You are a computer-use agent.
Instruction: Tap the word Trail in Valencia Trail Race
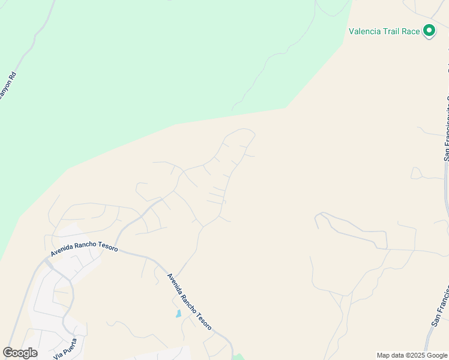(393, 31)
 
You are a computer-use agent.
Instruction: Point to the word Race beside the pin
(411, 31)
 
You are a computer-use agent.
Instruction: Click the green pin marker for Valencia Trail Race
(429, 30)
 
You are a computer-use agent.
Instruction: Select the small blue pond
(178, 314)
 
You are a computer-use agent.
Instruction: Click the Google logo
(20, 353)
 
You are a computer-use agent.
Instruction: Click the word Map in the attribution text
(384, 355)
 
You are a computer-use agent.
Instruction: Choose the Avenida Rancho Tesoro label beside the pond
(189, 302)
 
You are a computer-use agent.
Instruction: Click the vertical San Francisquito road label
(447, 129)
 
